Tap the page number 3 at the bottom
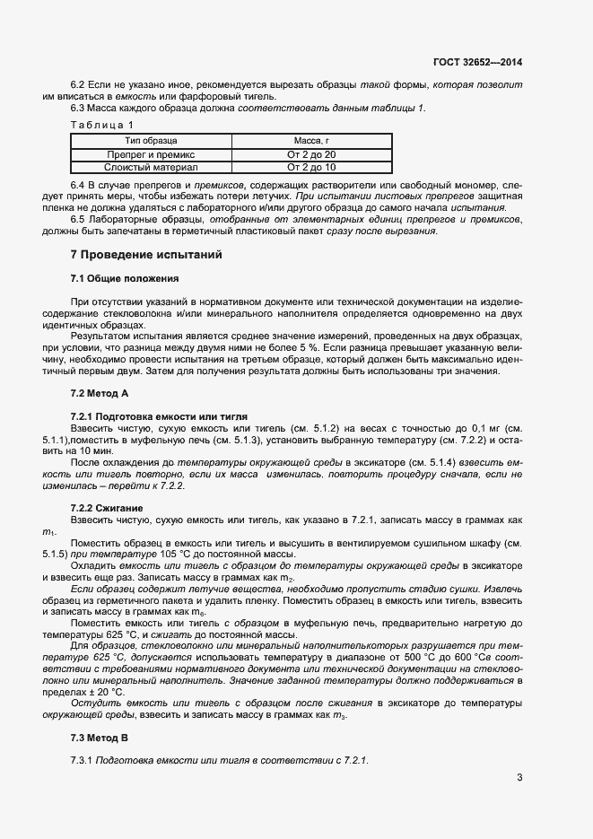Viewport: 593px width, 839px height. pos(519,777)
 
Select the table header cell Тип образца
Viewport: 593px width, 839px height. pos(151,141)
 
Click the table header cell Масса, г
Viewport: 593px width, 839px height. pos(311,141)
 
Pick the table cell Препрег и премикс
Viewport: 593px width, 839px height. pos(151,154)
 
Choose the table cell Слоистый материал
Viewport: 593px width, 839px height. pos(151,167)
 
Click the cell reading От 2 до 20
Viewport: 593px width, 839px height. pos(311,154)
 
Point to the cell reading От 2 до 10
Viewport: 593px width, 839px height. pos(311,167)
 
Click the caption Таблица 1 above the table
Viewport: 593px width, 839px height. pos(101,125)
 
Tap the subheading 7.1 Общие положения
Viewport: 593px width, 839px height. pos(124,278)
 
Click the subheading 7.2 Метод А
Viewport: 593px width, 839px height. pos(100,393)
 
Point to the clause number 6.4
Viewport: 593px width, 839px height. pos(79,184)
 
